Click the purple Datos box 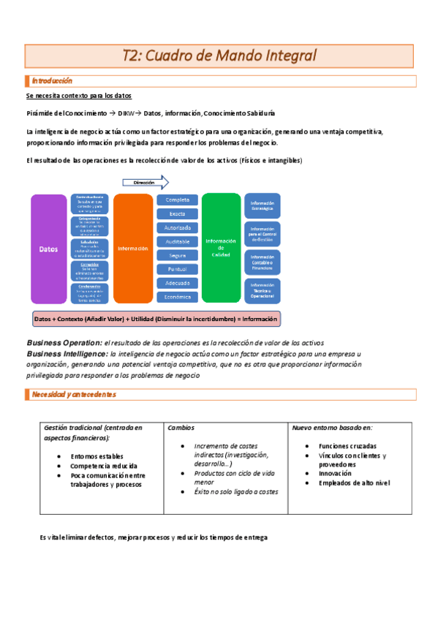(49, 249)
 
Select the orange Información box (132, 249)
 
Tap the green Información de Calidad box (221, 247)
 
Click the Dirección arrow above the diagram (145, 183)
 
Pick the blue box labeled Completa (177, 200)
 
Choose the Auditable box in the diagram (177, 241)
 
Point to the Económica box (177, 297)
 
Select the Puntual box (177, 269)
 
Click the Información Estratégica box (262, 206)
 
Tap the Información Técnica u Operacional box (262, 289)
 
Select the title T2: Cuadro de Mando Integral (219, 56)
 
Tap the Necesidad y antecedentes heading (73, 395)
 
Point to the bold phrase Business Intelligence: (66, 354)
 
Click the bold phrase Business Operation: (63, 343)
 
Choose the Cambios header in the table (181, 428)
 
